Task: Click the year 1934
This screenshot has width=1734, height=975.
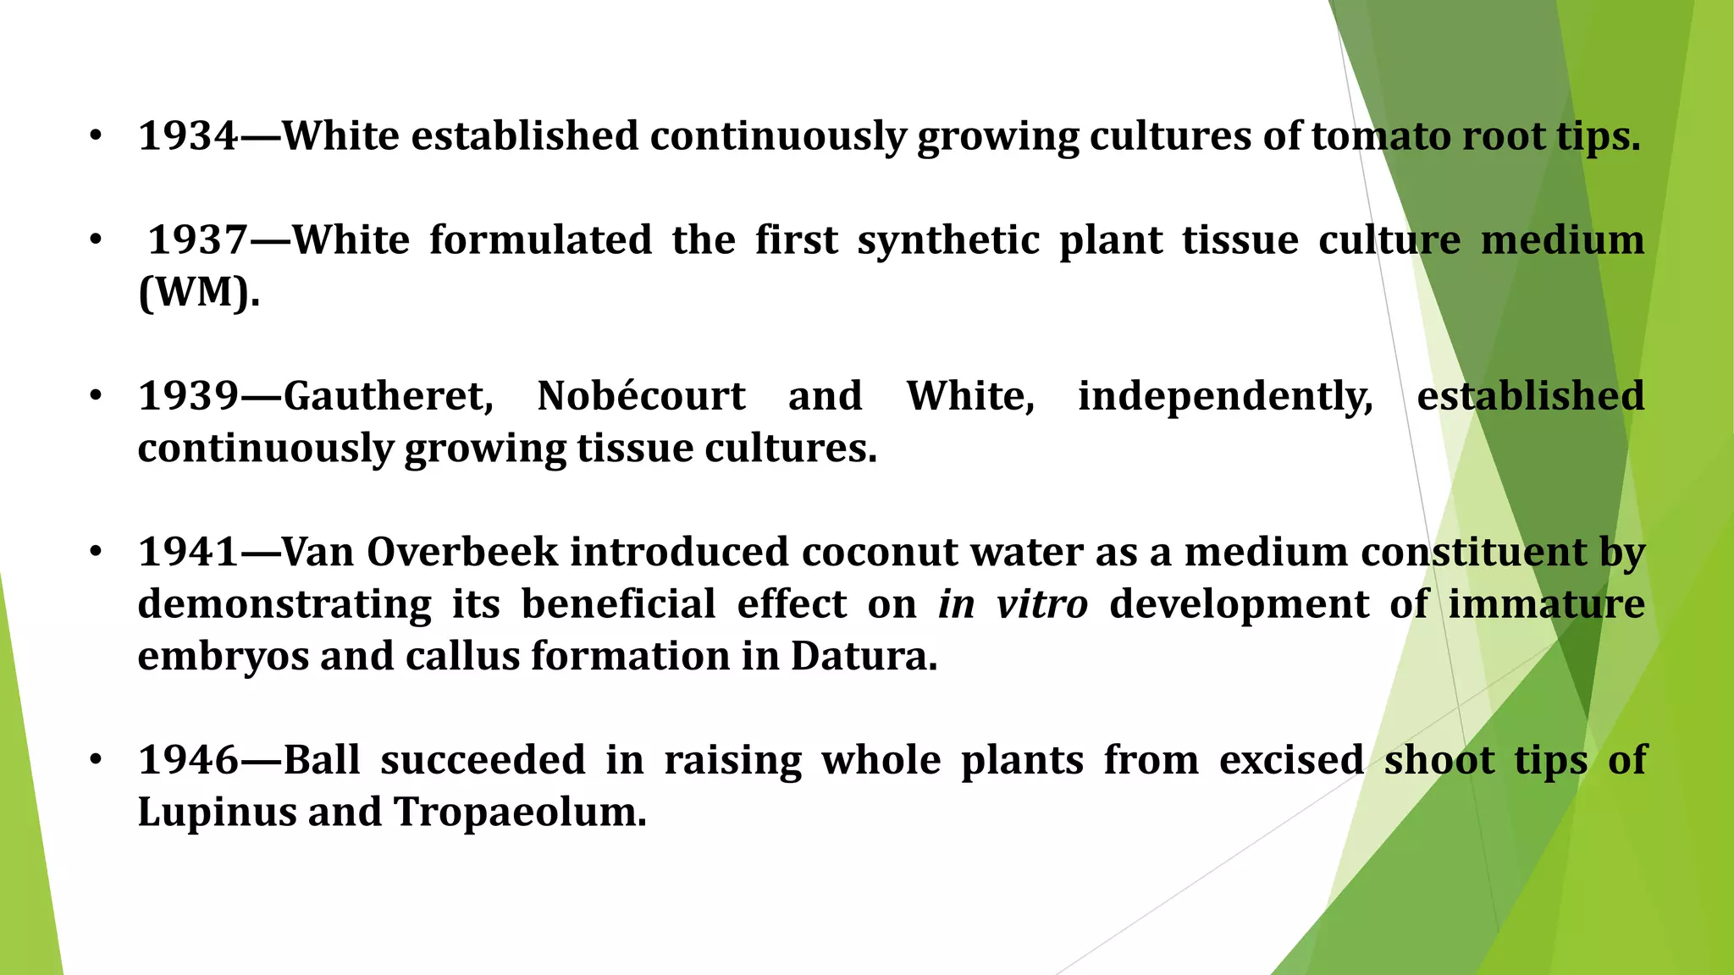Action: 188,136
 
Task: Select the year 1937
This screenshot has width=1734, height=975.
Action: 198,240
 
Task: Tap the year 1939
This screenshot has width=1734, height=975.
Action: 188,396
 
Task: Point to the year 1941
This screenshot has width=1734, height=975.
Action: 188,553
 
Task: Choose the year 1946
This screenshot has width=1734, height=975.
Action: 188,760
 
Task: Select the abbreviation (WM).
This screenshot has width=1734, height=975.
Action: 198,293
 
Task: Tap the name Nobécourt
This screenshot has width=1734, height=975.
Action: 641,396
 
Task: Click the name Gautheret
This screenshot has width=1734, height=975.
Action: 388,396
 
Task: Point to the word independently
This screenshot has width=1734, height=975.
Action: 1225,396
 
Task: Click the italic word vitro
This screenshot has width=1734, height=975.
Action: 1041,604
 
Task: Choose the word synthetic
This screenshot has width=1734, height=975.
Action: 948,240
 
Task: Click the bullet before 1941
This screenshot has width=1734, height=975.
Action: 96,553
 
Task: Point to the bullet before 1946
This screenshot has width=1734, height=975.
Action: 96,760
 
